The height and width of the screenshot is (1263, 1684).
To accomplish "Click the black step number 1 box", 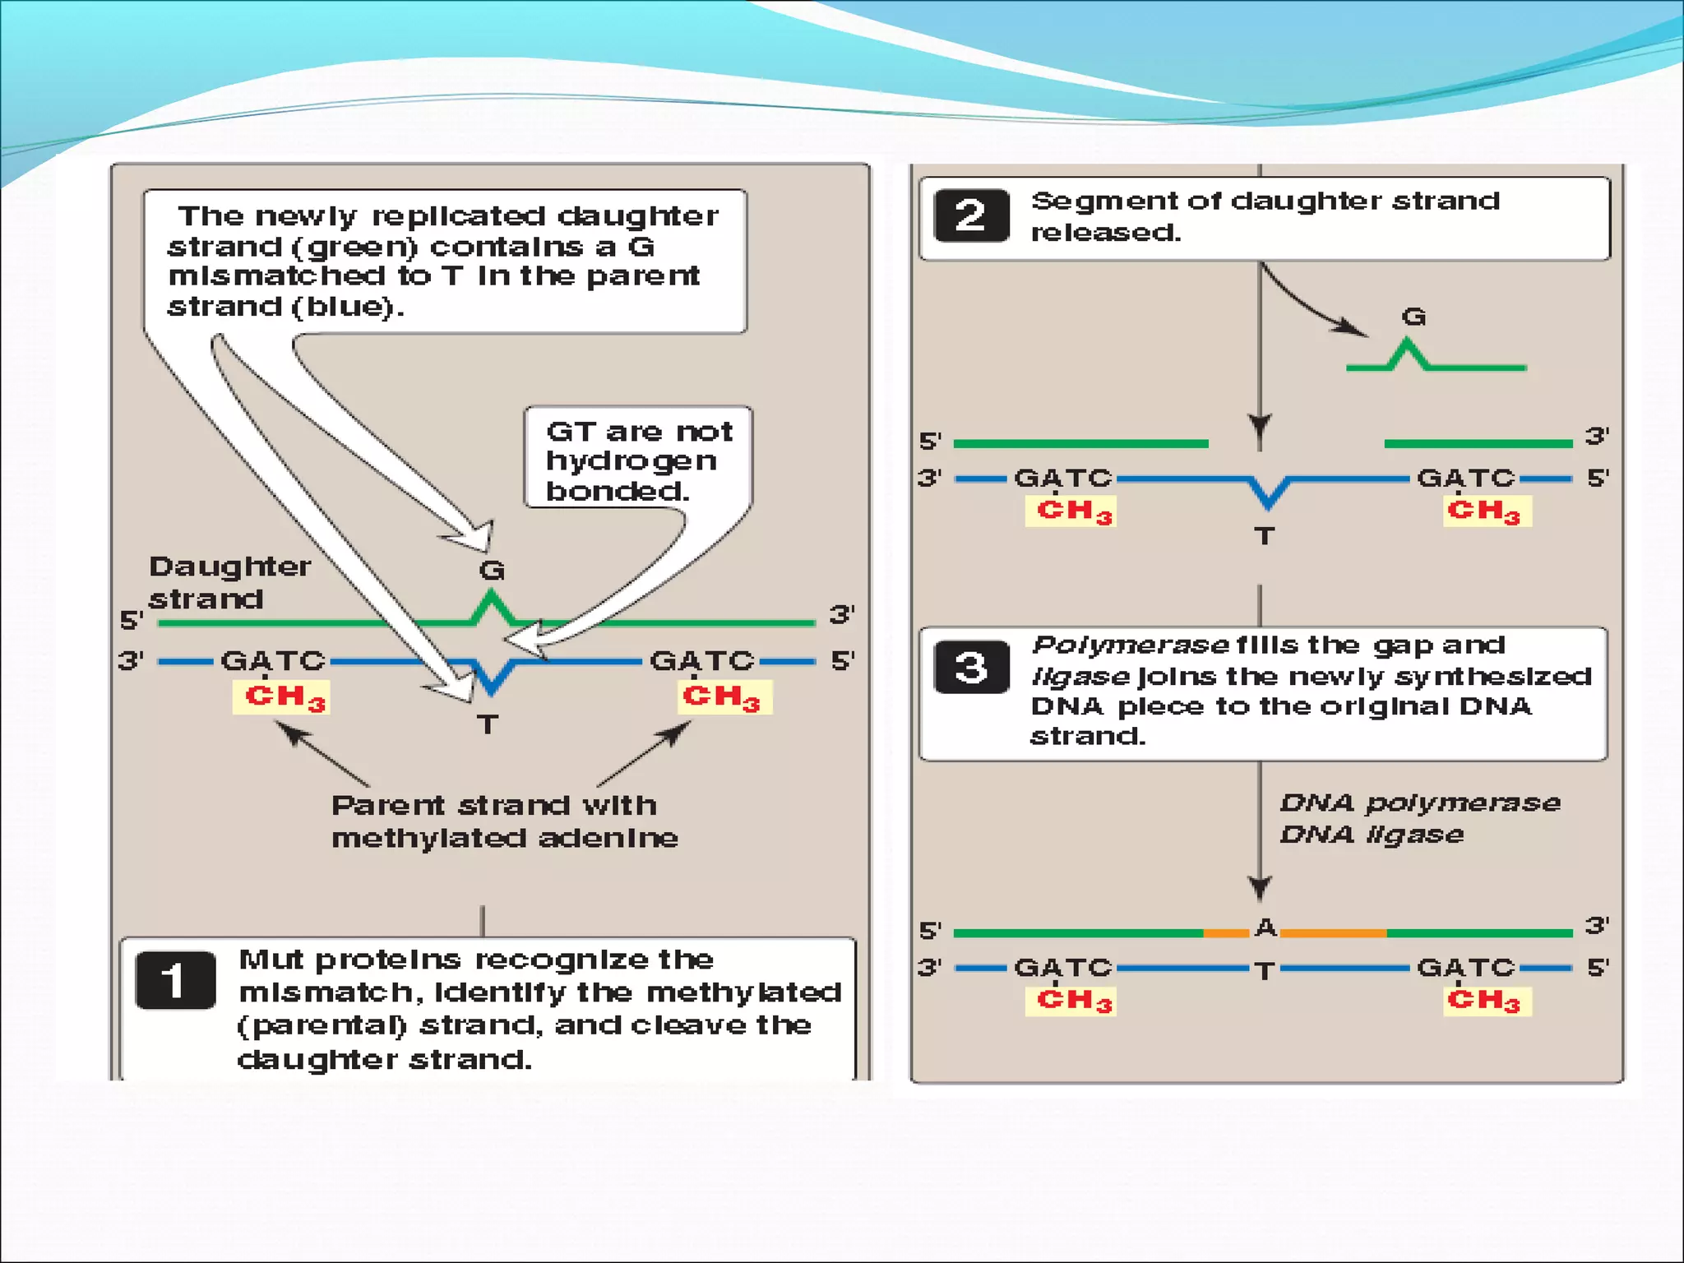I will click(x=175, y=980).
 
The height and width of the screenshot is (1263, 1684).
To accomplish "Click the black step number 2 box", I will click(x=971, y=215).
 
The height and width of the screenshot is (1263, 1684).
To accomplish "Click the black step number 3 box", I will click(x=971, y=667).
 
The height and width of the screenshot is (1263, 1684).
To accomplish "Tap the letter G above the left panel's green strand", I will click(x=492, y=571).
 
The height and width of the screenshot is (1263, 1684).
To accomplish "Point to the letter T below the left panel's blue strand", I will click(x=488, y=724).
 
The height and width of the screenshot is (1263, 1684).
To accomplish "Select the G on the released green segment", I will click(x=1413, y=317).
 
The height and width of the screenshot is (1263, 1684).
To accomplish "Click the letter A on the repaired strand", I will click(x=1265, y=928).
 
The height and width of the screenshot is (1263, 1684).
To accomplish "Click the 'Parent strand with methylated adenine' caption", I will click(x=504, y=821).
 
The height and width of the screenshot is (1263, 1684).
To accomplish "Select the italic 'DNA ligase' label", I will click(x=1372, y=835).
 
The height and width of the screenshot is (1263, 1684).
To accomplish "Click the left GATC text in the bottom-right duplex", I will click(x=1062, y=968).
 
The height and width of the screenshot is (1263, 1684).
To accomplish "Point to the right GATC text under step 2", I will click(x=1465, y=478).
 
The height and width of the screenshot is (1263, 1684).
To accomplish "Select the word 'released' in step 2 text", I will click(x=1104, y=233).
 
